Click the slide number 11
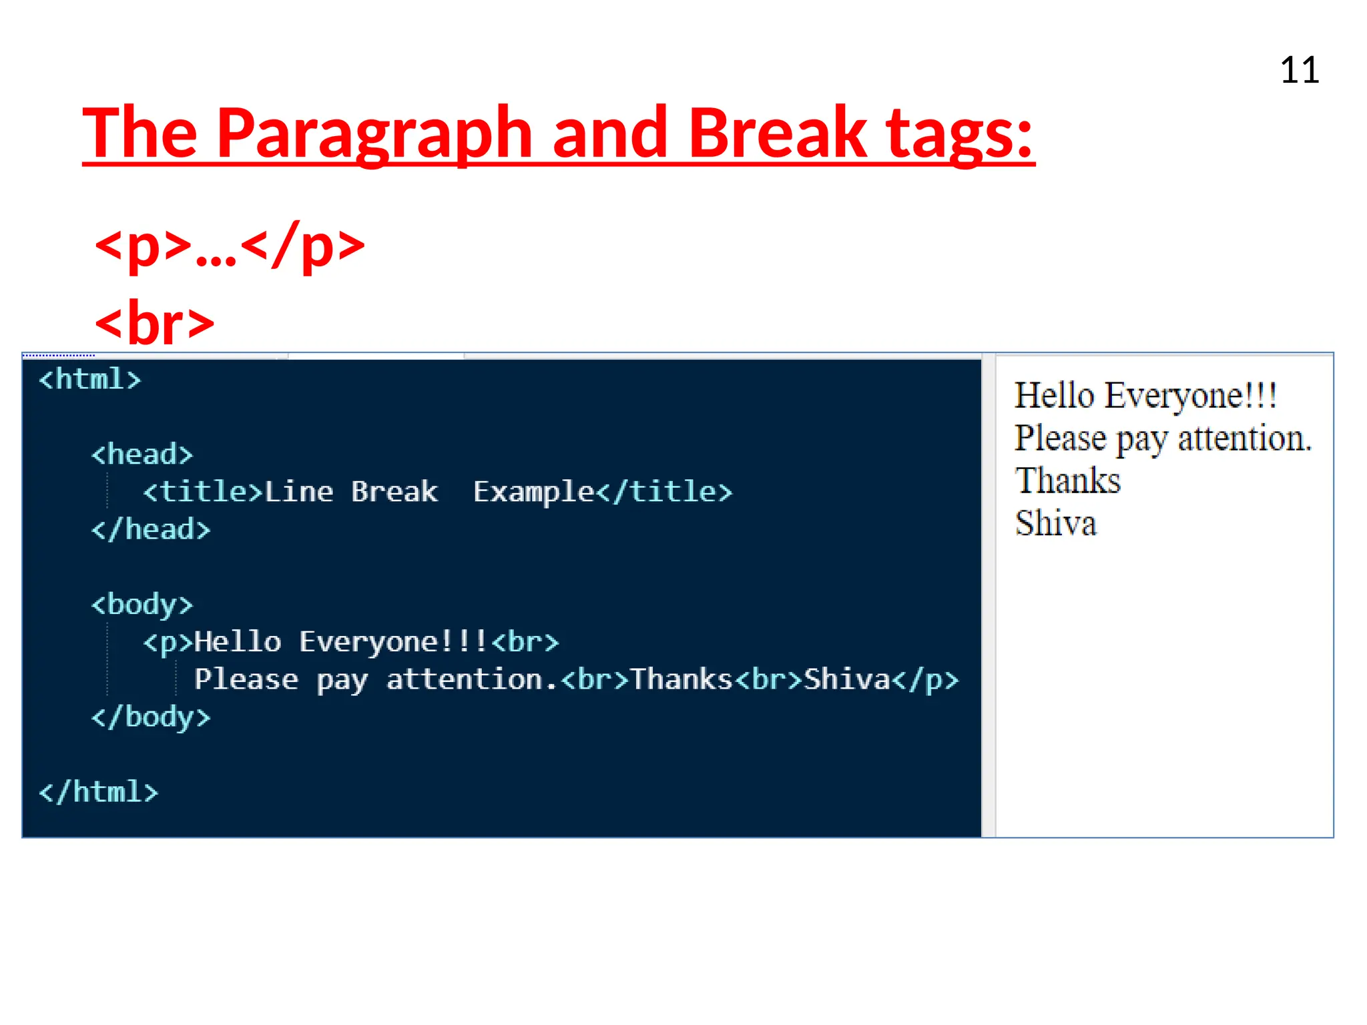1299,70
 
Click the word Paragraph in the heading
374,133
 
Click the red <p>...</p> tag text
230,246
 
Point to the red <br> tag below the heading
155,324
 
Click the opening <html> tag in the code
90,379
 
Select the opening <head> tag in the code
142,454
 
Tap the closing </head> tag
151,529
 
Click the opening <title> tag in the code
203,492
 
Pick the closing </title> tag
664,492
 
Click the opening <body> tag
142,605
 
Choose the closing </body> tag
151,717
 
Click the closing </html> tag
99,792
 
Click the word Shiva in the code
847,679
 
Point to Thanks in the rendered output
1067,480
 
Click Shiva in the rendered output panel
1055,523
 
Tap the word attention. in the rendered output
1244,438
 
